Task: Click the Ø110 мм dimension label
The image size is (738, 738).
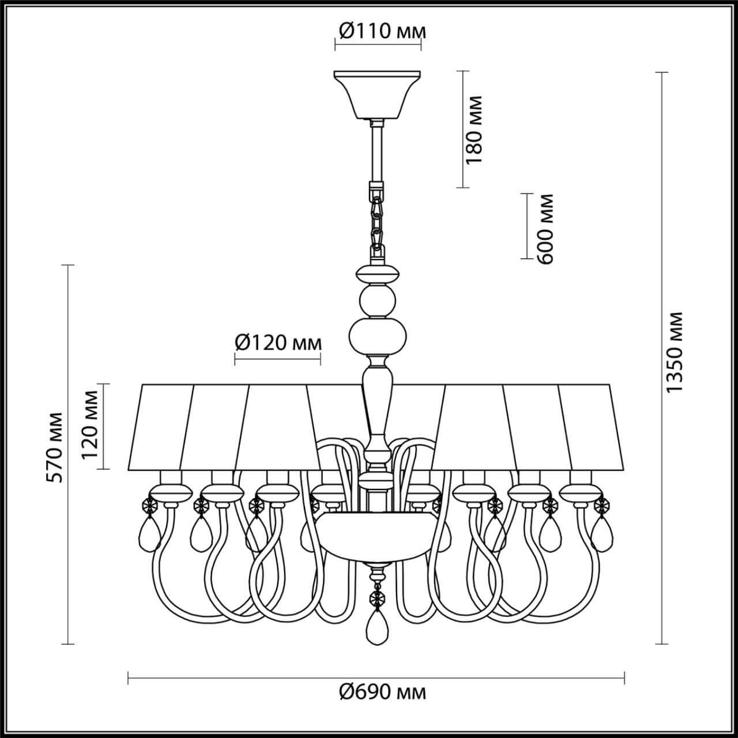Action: point(382,31)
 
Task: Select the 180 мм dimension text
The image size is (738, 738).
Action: point(474,130)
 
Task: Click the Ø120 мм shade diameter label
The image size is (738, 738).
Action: point(278,343)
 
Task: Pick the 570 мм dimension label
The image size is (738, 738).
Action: point(55,447)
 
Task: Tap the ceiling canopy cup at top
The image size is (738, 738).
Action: point(378,93)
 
